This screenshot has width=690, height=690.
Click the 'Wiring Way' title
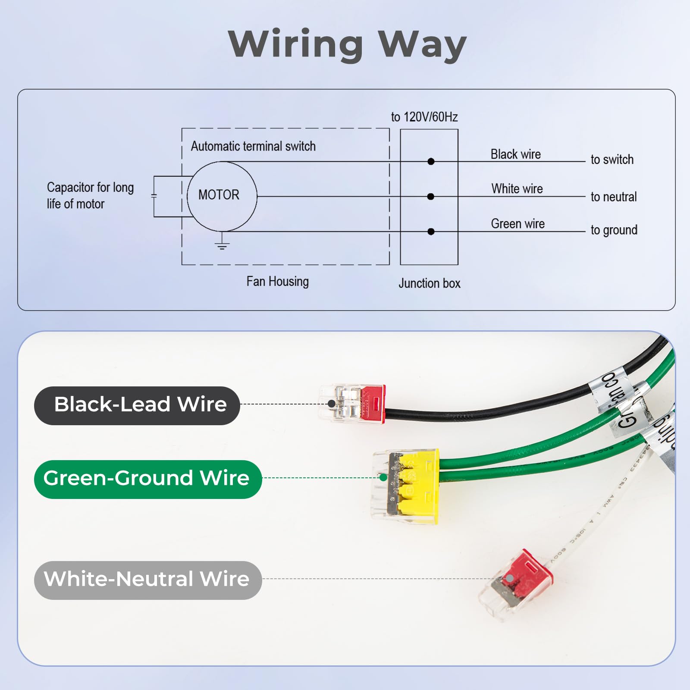pyautogui.click(x=347, y=44)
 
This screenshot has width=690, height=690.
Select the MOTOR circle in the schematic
pyautogui.click(x=222, y=196)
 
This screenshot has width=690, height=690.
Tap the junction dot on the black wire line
pyautogui.click(x=431, y=162)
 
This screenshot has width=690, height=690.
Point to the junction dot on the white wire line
pyautogui.click(x=430, y=197)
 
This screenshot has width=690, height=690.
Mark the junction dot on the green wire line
pyautogui.click(x=431, y=232)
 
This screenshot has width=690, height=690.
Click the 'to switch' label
pyautogui.click(x=612, y=160)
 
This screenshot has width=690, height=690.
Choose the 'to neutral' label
pyautogui.click(x=613, y=197)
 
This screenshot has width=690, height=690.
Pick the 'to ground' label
pyautogui.click(x=614, y=230)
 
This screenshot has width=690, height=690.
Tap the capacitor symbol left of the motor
pyautogui.click(x=154, y=196)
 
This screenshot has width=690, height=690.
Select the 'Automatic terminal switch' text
pyautogui.click(x=253, y=146)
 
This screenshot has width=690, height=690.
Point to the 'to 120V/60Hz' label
pyautogui.click(x=424, y=117)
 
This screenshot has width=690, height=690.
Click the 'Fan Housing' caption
pyautogui.click(x=277, y=282)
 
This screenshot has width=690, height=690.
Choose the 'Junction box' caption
pyautogui.click(x=429, y=283)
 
